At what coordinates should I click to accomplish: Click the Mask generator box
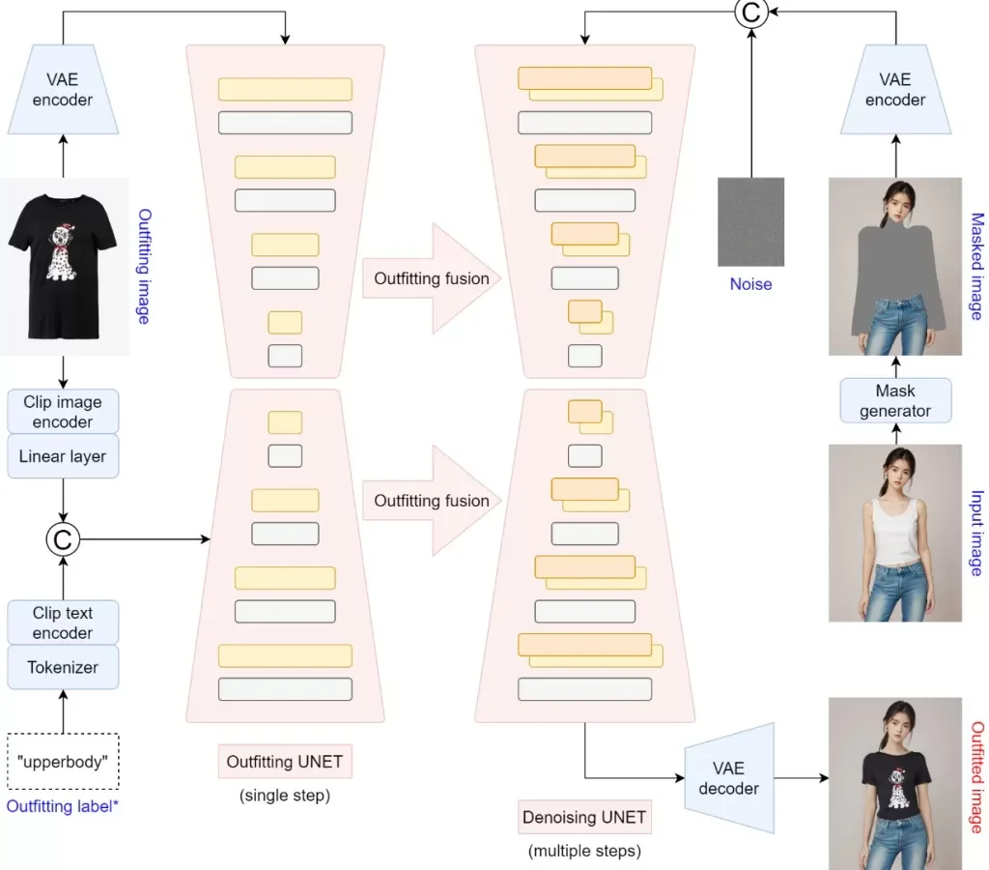pyautogui.click(x=895, y=400)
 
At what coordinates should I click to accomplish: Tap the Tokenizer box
pyautogui.click(x=63, y=666)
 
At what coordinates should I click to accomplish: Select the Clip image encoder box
pyautogui.click(x=63, y=412)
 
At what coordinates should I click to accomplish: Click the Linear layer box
pyautogui.click(x=63, y=456)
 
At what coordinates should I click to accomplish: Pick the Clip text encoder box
pyautogui.click(x=63, y=623)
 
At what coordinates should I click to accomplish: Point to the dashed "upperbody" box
pyautogui.click(x=63, y=760)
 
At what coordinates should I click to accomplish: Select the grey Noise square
pyautogui.click(x=750, y=221)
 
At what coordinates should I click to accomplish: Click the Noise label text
pyautogui.click(x=750, y=284)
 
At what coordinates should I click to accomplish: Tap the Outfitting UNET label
pyautogui.click(x=284, y=762)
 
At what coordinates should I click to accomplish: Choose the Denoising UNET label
pyautogui.click(x=584, y=818)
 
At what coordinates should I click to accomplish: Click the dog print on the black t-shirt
pyautogui.click(x=63, y=253)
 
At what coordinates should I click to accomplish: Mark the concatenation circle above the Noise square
pyautogui.click(x=750, y=13)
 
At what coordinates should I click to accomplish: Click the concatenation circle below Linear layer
pyautogui.click(x=63, y=538)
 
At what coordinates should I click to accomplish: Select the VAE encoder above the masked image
pyautogui.click(x=895, y=90)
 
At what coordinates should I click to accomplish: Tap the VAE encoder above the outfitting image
pyautogui.click(x=63, y=90)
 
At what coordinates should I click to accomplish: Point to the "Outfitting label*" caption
pyautogui.click(x=63, y=804)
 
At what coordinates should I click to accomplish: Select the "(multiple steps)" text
pyautogui.click(x=584, y=852)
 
